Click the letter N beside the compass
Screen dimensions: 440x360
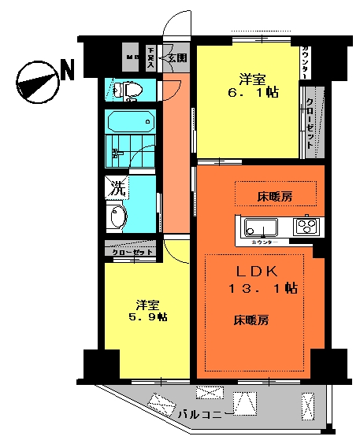point(68,71)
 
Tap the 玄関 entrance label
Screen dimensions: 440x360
point(176,58)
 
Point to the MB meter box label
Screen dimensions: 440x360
point(132,58)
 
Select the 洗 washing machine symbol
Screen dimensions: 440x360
point(116,189)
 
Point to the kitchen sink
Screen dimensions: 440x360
point(261,228)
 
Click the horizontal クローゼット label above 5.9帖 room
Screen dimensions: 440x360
point(132,252)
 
